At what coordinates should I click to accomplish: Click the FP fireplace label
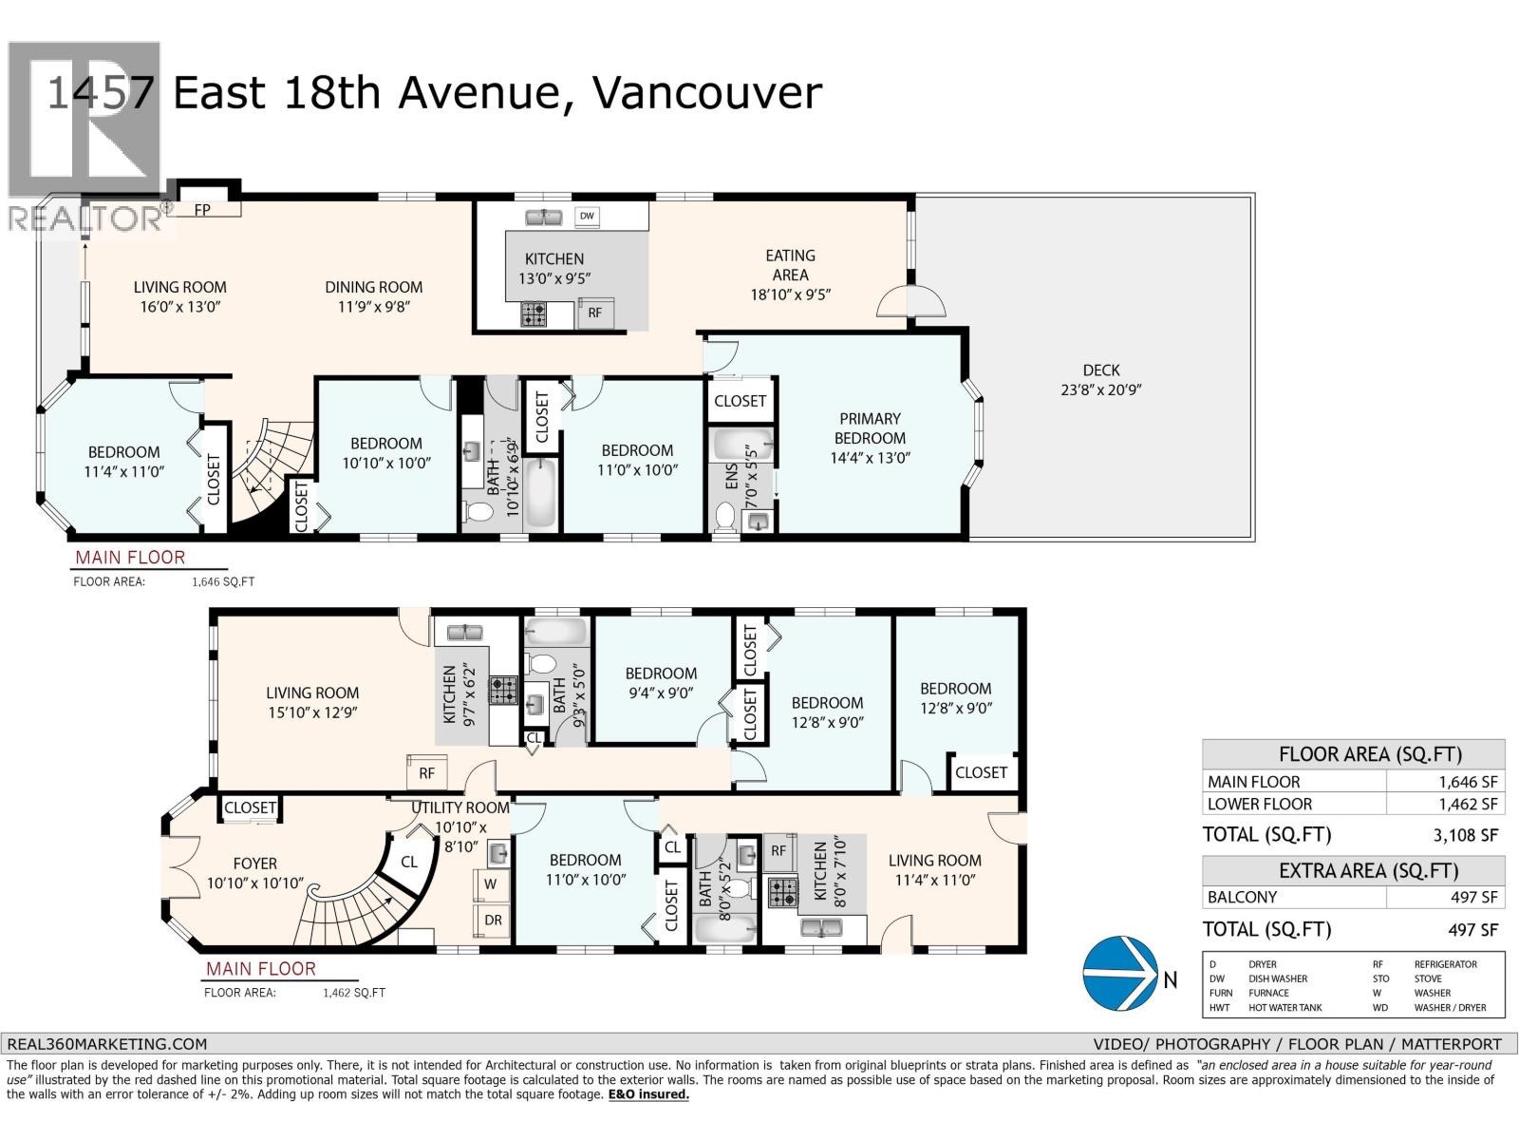tap(202, 210)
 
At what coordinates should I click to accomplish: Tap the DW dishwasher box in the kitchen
tap(587, 216)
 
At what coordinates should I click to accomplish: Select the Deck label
tap(1101, 380)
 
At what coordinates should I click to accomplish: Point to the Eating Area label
tap(790, 275)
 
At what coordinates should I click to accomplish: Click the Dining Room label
tap(374, 296)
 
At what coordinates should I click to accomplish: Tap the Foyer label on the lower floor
tap(255, 873)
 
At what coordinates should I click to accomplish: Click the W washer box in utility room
tap(491, 883)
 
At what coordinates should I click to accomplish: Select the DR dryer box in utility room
tap(493, 921)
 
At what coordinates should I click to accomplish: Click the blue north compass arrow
tap(1119, 973)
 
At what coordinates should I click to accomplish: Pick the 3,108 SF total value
tap(1465, 835)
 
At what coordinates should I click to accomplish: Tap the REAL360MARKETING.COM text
tap(106, 1044)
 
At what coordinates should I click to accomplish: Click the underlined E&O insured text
tap(648, 1094)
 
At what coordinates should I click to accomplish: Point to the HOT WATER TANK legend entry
tap(1285, 1008)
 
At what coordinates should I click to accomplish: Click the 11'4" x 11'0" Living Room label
tap(935, 870)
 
